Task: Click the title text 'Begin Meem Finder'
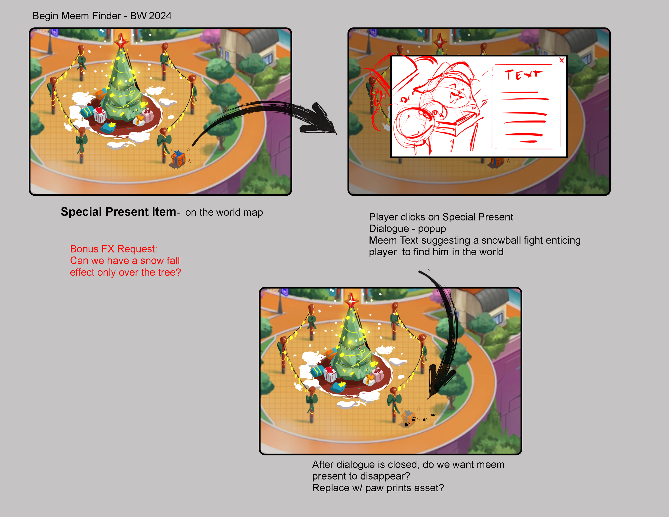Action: (x=77, y=16)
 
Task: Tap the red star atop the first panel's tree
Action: (x=121, y=40)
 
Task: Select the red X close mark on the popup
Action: (x=562, y=60)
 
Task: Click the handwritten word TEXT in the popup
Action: (x=523, y=74)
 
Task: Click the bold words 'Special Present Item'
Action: (x=118, y=212)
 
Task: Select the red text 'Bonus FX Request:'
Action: (x=113, y=249)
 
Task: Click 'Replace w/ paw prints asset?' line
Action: (x=378, y=488)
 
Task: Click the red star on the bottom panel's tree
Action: (x=351, y=299)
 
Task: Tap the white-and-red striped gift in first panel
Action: (x=100, y=116)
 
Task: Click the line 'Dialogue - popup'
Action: (x=407, y=229)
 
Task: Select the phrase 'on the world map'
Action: (x=224, y=212)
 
